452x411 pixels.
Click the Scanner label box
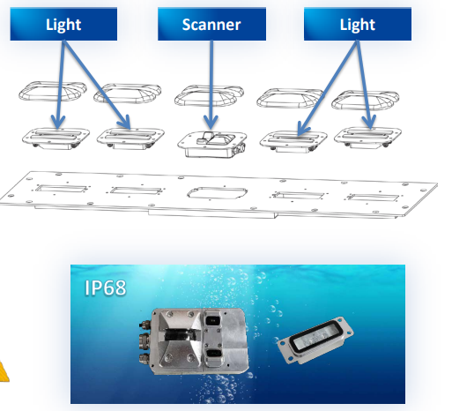pyautogui.click(x=211, y=24)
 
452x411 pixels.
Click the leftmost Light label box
pyautogui.click(x=63, y=24)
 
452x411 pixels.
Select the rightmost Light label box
pyautogui.click(x=358, y=24)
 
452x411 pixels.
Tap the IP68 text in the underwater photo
pyautogui.click(x=106, y=288)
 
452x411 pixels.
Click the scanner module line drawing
pyautogui.click(x=212, y=144)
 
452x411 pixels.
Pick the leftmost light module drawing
pyautogui.click(x=56, y=138)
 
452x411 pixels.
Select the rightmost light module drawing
pyautogui.click(x=367, y=138)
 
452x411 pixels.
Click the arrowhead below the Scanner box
pyautogui.click(x=211, y=123)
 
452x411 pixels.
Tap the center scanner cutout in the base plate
pyautogui.click(x=218, y=193)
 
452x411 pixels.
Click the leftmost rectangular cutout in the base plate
pyautogui.click(x=61, y=189)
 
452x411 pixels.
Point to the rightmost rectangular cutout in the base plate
pyautogui.click(x=374, y=198)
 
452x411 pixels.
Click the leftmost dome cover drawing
pyautogui.click(x=53, y=91)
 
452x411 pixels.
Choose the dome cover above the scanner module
pyautogui.click(x=209, y=95)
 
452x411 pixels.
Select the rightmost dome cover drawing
pyautogui.click(x=366, y=100)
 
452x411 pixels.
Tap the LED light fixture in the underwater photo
pyautogui.click(x=315, y=340)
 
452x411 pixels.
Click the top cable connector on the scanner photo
pyautogui.click(x=144, y=325)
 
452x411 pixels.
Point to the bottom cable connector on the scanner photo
pyautogui.click(x=144, y=359)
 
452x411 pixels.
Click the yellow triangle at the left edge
pyautogui.click(x=4, y=373)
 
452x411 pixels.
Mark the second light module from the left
pyautogui.click(x=130, y=138)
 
